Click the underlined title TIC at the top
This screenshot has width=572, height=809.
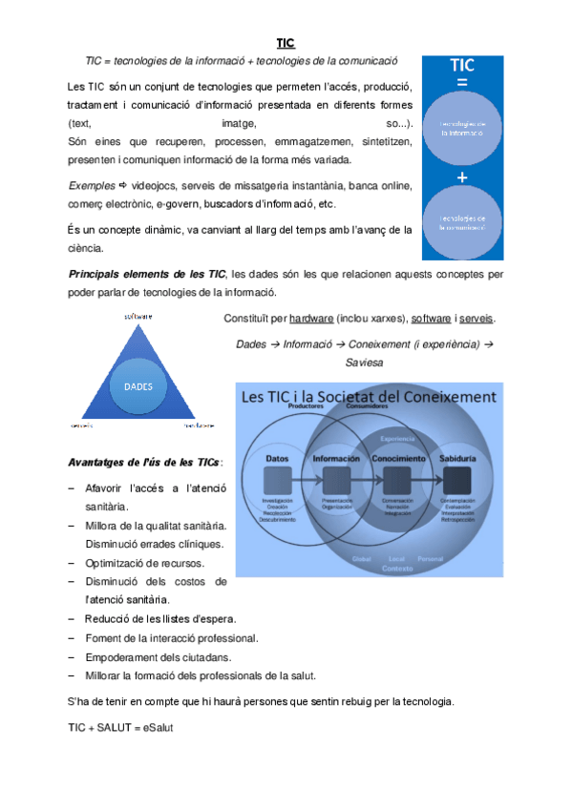pyautogui.click(x=286, y=43)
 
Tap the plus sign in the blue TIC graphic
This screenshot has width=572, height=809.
pyautogui.click(x=461, y=176)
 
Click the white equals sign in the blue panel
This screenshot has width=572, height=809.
pyautogui.click(x=461, y=83)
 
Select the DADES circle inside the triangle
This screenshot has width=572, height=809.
pyautogui.click(x=144, y=386)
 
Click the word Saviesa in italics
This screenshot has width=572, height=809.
pyautogui.click(x=364, y=363)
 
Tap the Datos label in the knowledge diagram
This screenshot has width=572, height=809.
pyautogui.click(x=277, y=459)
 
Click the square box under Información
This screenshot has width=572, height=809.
pyautogui.click(x=335, y=479)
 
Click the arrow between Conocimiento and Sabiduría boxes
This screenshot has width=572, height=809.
pyautogui.click(x=424, y=479)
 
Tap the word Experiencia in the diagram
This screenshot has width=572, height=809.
pyautogui.click(x=395, y=438)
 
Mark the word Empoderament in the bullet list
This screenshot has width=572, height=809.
pyautogui.click(x=118, y=657)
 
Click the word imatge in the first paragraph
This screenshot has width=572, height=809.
pyautogui.click(x=238, y=124)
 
